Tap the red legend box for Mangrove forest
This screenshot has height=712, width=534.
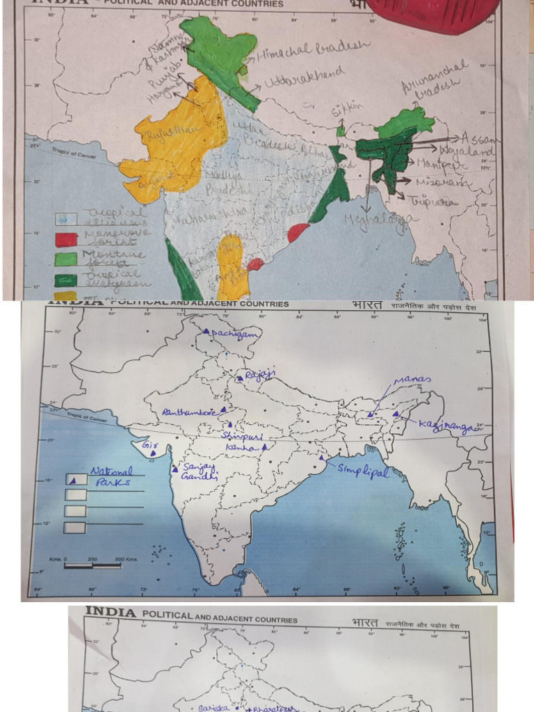(66, 239)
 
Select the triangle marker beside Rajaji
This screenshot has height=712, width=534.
(240, 378)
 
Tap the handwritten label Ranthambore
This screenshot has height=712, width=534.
(188, 412)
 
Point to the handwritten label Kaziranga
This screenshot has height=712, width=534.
(445, 427)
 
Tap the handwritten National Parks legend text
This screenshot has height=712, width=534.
(111, 476)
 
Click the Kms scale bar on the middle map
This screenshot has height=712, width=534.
(92, 565)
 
